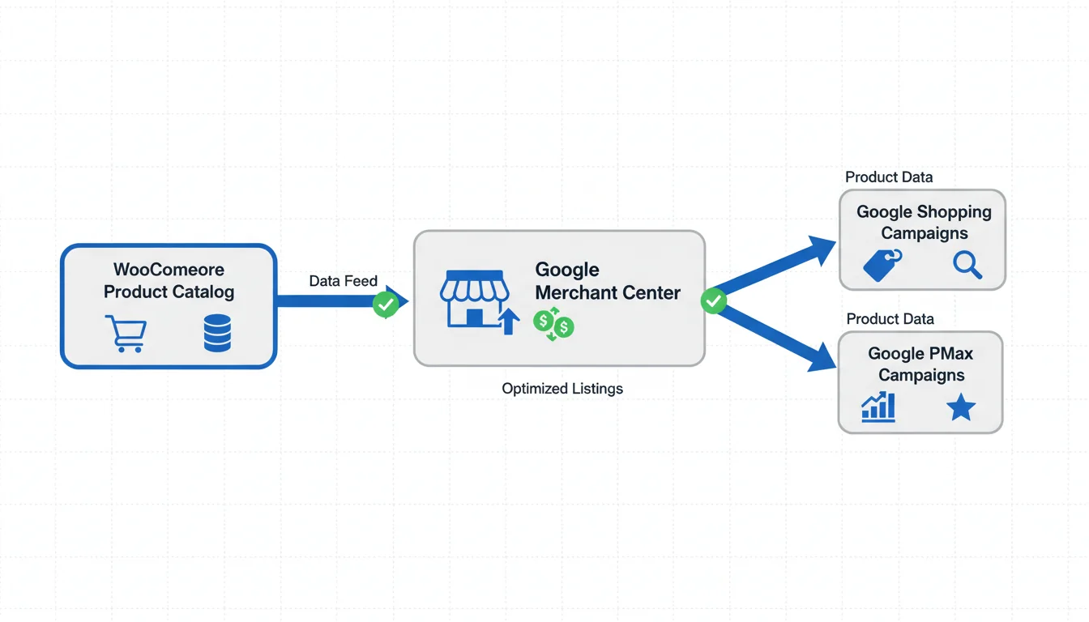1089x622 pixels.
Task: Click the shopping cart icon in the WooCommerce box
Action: pos(126,333)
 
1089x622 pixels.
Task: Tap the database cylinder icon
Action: pos(217,333)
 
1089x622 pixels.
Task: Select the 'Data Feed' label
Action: pos(343,281)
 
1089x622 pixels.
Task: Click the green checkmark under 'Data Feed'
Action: pos(386,305)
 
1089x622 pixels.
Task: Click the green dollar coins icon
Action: pos(554,324)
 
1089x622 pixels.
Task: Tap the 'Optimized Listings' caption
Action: pos(562,389)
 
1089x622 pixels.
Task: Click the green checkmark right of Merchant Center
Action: pos(713,301)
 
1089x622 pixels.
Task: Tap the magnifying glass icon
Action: pos(967,264)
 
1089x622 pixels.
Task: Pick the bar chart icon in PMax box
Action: pos(878,407)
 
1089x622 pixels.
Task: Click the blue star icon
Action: pos(961,407)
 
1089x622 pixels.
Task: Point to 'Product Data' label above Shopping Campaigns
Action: pos(889,177)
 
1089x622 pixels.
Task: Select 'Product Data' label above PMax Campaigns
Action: pos(890,319)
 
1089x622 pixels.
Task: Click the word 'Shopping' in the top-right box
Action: pos(958,211)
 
